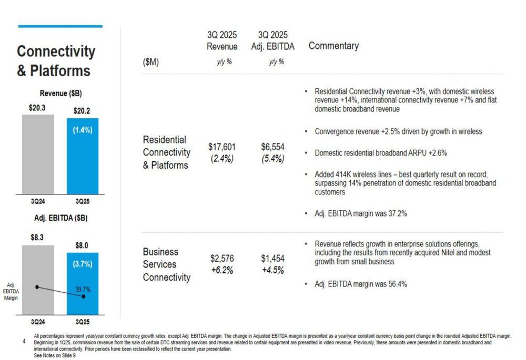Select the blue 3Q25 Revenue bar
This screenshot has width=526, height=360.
(82, 163)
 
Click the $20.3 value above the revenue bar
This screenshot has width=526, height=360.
(37, 107)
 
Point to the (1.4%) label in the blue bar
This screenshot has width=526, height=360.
(82, 130)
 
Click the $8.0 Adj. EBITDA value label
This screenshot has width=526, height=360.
(82, 245)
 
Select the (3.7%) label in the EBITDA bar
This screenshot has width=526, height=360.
(82, 264)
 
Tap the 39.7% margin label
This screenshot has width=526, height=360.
(83, 289)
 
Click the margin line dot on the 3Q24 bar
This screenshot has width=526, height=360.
(37, 287)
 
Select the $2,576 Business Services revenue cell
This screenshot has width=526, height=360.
(222, 259)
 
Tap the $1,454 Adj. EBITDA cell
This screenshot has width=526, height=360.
(272, 259)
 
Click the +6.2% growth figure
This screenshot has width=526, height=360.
(222, 271)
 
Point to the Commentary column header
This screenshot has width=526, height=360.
(333, 46)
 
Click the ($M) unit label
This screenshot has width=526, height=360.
(150, 63)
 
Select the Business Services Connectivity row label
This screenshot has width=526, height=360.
(166, 264)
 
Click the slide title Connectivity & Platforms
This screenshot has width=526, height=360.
(56, 61)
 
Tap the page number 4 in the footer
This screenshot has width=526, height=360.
(24, 341)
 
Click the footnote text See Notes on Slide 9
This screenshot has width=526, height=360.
(54, 356)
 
